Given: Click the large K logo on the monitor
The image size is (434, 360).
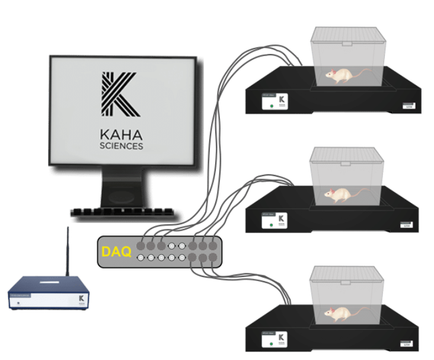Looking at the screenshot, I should click(x=120, y=94).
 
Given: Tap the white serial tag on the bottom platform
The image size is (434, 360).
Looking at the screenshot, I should click(x=407, y=343).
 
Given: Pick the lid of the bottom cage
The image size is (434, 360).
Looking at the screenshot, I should click(x=347, y=273).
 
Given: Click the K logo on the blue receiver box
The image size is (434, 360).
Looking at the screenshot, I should click(x=78, y=300).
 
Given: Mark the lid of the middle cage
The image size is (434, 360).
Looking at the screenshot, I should click(x=347, y=155).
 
